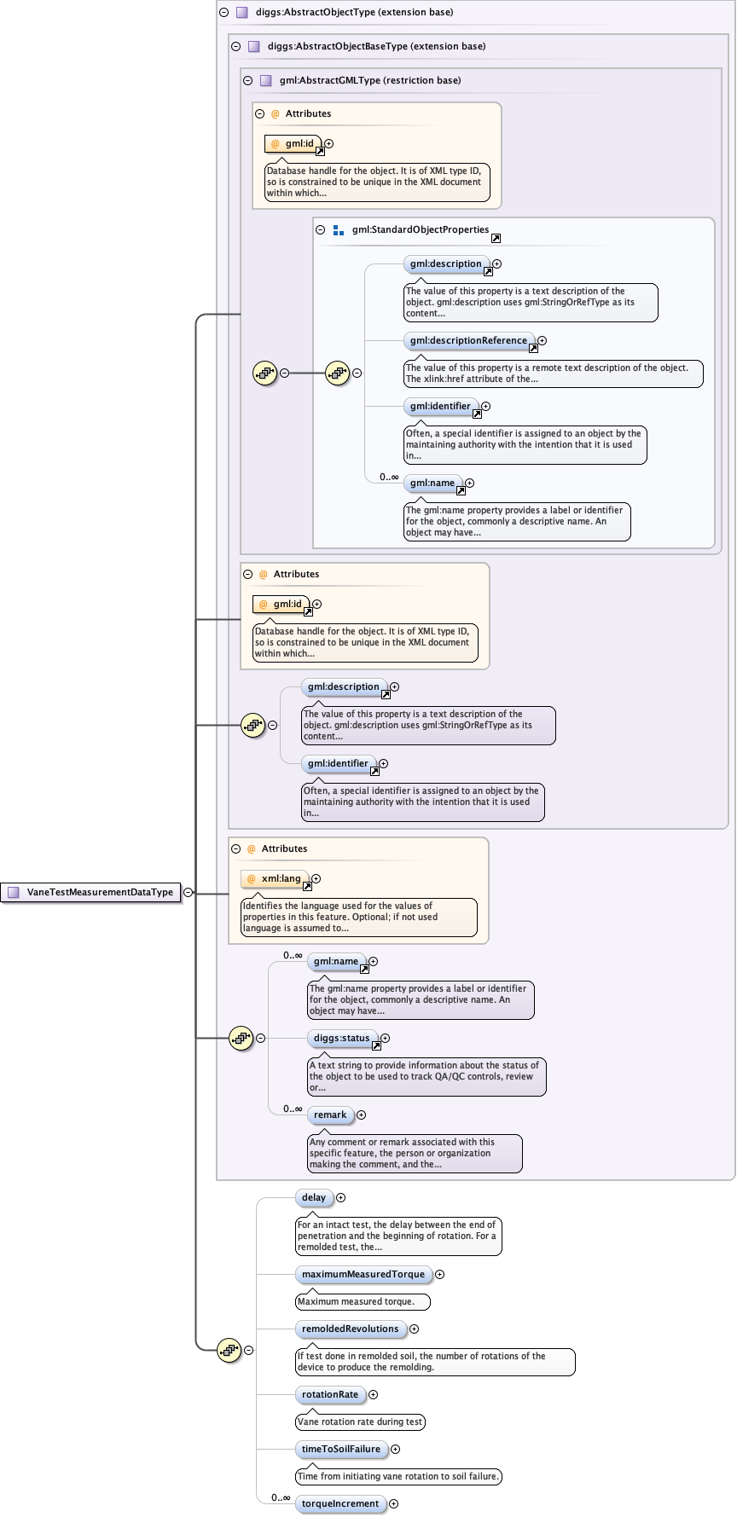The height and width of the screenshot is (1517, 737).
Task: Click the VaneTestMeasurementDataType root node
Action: [x=99, y=893]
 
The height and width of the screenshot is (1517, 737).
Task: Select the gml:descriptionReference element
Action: [x=468, y=340]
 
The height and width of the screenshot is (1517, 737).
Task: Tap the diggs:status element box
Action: [x=341, y=1039]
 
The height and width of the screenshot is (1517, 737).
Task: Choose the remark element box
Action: [x=330, y=1115]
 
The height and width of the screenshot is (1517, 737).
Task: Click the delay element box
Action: [x=314, y=1198]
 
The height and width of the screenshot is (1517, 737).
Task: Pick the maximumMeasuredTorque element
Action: [x=363, y=1275]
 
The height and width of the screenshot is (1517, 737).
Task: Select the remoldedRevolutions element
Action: [x=350, y=1329]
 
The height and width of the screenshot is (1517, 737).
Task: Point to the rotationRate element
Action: [x=330, y=1395]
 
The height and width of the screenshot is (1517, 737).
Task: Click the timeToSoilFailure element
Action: [x=341, y=1450]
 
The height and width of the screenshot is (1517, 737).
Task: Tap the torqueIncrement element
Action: [x=340, y=1504]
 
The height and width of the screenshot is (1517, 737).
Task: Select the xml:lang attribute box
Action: [x=281, y=879]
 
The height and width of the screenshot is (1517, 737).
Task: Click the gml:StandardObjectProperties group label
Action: [x=420, y=230]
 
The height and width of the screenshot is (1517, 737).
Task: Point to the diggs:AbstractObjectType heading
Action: [x=354, y=13]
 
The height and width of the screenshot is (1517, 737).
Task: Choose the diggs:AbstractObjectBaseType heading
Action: [x=376, y=47]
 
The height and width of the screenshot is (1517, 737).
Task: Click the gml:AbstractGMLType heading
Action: [x=370, y=81]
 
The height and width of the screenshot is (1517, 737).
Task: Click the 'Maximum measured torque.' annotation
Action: [x=362, y=1302]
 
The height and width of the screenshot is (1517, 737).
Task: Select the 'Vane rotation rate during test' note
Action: [x=360, y=1422]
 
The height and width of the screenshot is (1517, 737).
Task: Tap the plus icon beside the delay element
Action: [x=341, y=1198]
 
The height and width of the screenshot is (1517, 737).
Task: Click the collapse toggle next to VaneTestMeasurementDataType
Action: [x=189, y=893]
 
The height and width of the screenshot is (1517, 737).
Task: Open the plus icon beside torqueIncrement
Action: [x=394, y=1504]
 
